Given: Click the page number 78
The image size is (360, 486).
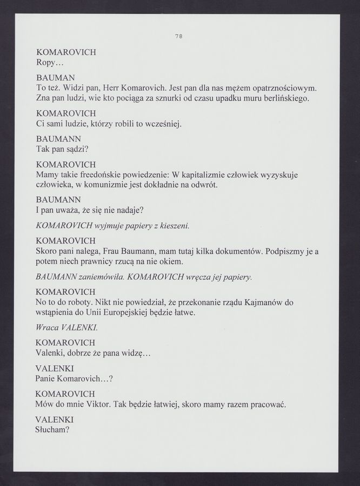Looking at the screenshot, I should (179, 36).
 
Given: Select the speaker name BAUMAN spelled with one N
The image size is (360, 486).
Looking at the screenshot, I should (55, 77).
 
